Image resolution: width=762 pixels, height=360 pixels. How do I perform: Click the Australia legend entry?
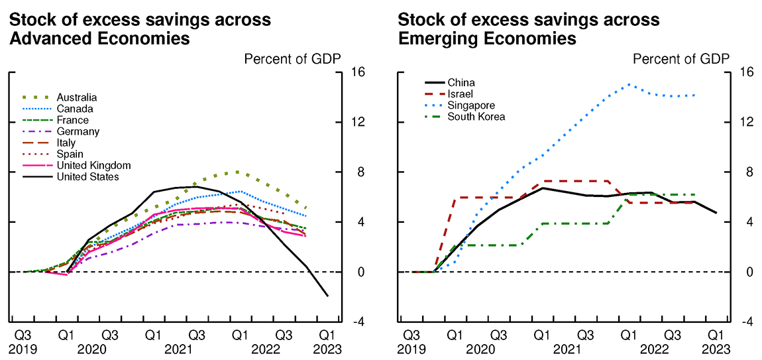77,97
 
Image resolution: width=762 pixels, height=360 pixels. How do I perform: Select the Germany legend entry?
78,131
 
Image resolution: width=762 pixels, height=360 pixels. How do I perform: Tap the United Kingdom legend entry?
93,165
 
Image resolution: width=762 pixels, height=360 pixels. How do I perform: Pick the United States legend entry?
87,176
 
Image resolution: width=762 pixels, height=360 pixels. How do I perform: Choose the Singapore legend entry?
471,105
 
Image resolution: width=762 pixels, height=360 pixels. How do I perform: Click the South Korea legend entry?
476,117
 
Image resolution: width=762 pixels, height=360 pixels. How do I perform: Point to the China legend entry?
461,83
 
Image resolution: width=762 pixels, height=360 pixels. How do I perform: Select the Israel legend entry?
461,94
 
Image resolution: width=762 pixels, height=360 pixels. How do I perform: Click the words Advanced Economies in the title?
99,39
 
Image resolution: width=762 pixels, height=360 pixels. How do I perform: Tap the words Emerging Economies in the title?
487,39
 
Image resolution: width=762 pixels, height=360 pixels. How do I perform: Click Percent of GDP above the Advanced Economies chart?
292,59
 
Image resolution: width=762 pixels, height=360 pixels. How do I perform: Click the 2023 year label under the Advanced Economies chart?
327,349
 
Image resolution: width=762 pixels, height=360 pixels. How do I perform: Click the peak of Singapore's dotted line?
628,84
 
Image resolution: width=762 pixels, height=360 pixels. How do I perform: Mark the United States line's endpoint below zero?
327,296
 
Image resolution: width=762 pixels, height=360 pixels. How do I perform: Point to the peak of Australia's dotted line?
237,172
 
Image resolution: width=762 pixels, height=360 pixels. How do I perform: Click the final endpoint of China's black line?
716,213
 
